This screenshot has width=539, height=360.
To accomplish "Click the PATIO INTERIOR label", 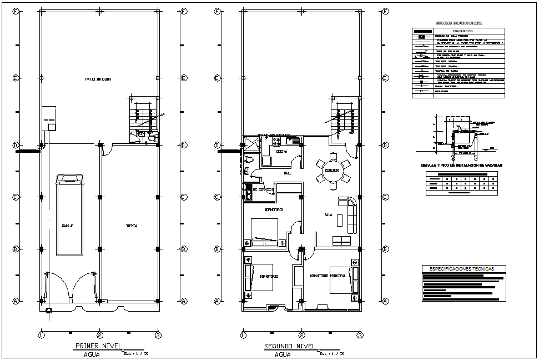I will click(98, 79).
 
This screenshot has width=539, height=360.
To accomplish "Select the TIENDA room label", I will click(132, 226).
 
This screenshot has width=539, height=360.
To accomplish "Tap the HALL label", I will click(288, 173).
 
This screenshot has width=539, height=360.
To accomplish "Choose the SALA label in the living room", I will click(328, 215).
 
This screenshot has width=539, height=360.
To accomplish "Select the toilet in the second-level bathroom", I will click(249, 160).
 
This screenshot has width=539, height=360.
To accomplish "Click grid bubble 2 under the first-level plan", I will click(99, 335).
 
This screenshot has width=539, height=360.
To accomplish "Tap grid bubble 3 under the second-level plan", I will click(360, 335).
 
